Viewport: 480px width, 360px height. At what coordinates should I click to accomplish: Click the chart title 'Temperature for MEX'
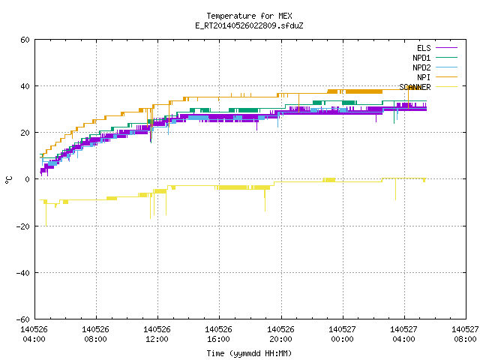[249, 16]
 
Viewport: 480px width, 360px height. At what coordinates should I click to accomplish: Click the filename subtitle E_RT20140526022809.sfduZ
[249, 25]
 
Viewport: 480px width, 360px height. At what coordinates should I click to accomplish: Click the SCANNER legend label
[415, 87]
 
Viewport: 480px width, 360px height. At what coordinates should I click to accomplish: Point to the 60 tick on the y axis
[25, 40]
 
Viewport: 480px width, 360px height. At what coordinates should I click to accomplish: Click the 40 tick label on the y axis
[25, 86]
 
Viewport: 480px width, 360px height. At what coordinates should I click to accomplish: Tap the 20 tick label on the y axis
[25, 133]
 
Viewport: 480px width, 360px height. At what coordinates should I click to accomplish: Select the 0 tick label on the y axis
[28, 179]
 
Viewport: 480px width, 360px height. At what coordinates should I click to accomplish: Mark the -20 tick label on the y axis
[23, 226]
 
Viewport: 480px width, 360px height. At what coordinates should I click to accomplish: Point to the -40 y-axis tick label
[23, 273]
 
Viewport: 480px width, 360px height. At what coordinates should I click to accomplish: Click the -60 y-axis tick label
[23, 319]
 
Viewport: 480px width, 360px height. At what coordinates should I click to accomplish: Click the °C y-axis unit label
[8, 180]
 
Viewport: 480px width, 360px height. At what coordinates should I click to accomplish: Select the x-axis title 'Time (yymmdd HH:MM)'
[249, 353]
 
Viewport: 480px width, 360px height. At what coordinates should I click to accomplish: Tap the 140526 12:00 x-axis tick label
[157, 334]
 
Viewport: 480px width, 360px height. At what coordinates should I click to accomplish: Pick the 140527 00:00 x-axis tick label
[342, 334]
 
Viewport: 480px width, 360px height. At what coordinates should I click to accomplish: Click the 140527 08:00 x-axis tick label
[465, 334]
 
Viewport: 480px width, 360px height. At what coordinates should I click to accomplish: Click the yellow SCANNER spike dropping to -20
[46, 214]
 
